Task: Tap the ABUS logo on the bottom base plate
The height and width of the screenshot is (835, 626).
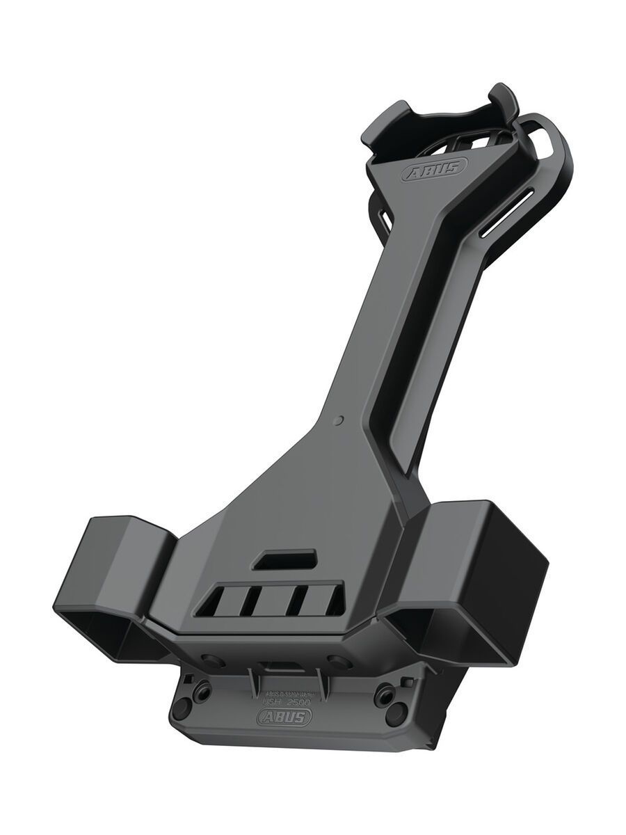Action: coord(284,717)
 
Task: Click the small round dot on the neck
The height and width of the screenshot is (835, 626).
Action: coord(339,420)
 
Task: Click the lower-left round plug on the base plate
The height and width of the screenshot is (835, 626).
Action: coord(183,708)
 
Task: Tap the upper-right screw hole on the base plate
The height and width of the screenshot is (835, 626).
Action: coord(382,694)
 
